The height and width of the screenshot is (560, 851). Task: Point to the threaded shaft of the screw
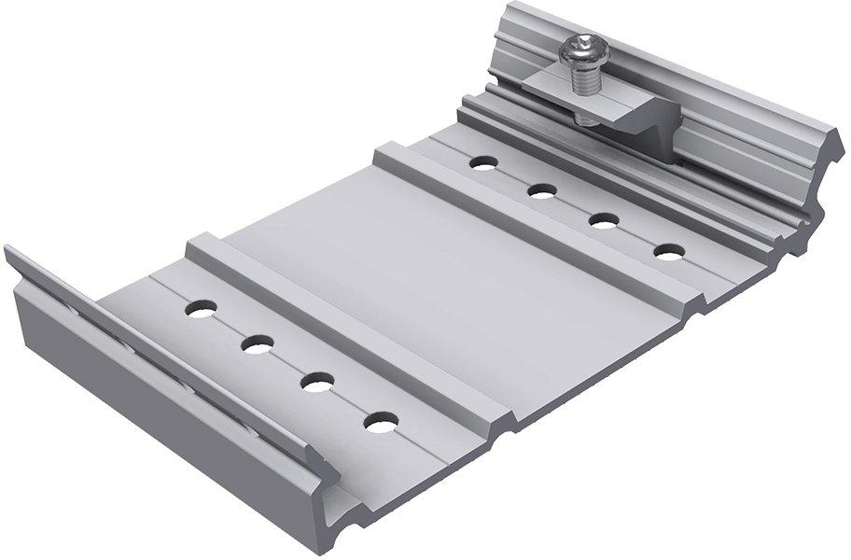click(585, 85)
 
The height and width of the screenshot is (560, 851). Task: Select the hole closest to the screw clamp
click(481, 162)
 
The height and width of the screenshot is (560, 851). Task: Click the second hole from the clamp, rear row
click(542, 191)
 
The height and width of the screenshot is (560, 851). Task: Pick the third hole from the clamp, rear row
click(605, 220)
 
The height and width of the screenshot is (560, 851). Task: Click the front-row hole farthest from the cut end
click(200, 306)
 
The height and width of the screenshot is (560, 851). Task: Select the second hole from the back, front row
click(257, 344)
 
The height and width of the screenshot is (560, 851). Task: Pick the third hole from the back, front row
click(317, 382)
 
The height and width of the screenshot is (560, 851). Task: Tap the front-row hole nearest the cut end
click(380, 424)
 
